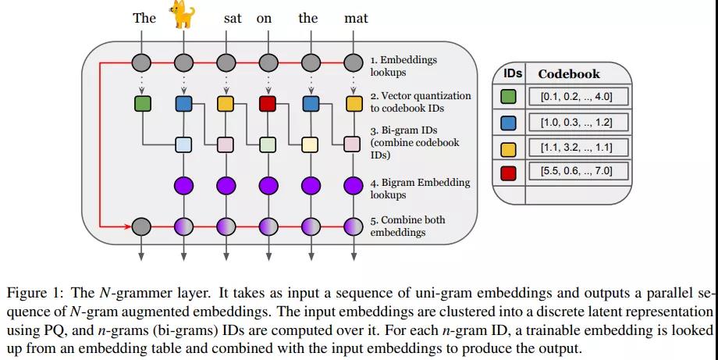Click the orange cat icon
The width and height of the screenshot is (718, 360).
(x=183, y=14)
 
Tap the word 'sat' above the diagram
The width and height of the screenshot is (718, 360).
(x=233, y=18)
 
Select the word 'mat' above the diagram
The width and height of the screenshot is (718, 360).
(x=356, y=18)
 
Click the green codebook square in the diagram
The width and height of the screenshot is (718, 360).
(x=142, y=104)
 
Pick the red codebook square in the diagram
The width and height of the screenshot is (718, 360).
(x=268, y=104)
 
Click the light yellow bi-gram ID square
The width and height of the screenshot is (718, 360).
(x=310, y=144)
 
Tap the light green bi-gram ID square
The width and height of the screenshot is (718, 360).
(x=268, y=144)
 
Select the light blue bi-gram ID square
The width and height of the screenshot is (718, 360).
(x=183, y=144)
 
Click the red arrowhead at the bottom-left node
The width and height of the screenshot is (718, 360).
(x=127, y=226)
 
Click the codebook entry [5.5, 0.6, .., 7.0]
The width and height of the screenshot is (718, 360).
(x=577, y=171)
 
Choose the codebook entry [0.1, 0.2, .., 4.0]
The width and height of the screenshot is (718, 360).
(x=577, y=97)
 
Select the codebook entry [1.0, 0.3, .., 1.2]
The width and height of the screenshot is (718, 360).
(x=577, y=123)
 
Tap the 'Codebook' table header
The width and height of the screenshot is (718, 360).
(x=569, y=74)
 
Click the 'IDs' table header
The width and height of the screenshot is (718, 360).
(x=512, y=73)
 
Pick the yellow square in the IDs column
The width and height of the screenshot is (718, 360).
(x=508, y=148)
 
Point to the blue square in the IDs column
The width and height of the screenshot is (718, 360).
(x=508, y=123)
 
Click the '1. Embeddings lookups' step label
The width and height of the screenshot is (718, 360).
(x=403, y=66)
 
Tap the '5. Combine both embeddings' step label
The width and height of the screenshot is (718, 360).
(x=407, y=226)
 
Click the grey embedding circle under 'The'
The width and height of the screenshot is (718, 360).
(x=141, y=62)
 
